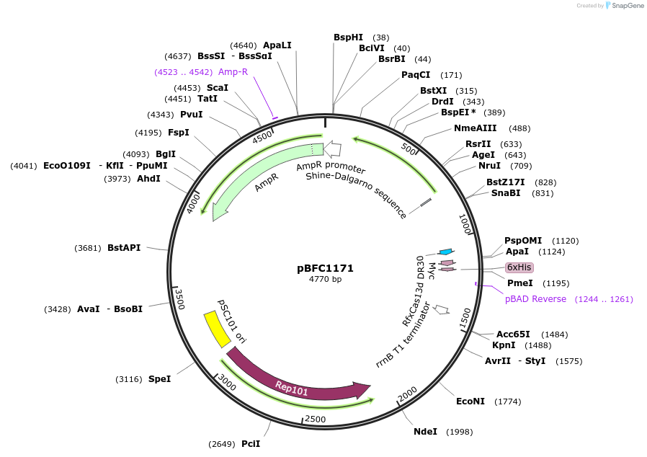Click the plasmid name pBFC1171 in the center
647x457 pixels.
(x=325, y=268)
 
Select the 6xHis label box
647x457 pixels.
(x=519, y=267)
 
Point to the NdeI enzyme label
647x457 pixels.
(x=425, y=432)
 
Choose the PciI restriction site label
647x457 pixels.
(x=251, y=444)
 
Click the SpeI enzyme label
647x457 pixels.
(x=159, y=379)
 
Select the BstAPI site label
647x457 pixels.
(x=124, y=248)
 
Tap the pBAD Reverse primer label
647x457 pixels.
(x=535, y=299)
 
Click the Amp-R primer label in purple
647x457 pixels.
(x=233, y=72)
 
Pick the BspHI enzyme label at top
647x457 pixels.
(x=348, y=37)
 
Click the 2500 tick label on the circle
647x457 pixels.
(x=316, y=419)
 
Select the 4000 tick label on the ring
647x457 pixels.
(x=193, y=203)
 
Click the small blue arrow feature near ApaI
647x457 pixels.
(x=446, y=252)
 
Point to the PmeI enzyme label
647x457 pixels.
(x=520, y=283)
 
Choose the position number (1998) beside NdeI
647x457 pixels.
(x=459, y=432)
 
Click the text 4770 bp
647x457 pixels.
(x=325, y=280)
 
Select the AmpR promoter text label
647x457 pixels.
(x=331, y=167)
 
